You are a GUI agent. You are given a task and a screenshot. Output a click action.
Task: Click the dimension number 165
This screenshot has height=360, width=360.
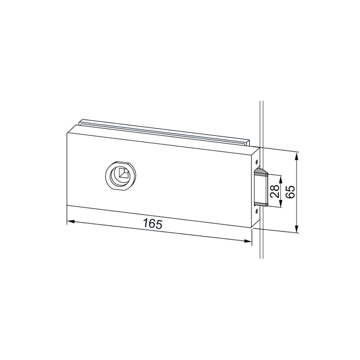(x=153, y=224)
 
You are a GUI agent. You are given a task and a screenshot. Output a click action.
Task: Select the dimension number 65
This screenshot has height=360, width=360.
(x=290, y=192)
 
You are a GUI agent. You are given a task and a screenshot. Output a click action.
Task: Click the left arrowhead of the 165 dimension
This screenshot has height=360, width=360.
(x=71, y=222)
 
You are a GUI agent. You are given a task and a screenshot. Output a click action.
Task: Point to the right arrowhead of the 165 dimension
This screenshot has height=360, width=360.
(x=248, y=241)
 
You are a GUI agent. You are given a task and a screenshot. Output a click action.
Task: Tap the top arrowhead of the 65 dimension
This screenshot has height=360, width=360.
(x=297, y=157)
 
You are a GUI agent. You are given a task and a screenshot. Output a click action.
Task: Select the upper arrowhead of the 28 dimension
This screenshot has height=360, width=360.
(x=280, y=179)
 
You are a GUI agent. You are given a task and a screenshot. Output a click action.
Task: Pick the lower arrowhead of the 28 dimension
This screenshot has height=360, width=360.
(x=280, y=203)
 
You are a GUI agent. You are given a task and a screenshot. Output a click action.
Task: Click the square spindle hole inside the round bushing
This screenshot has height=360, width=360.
(x=123, y=173)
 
